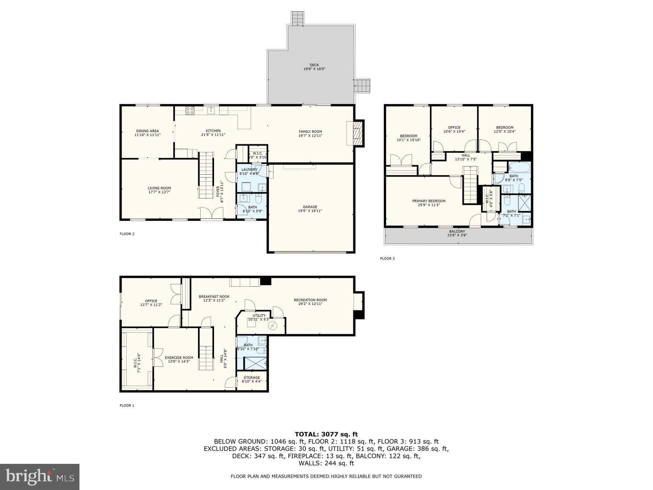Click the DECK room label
tap(314, 65)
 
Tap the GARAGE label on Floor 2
tap(310, 207)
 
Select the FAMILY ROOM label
tap(310, 132)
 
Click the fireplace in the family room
tap(358, 133)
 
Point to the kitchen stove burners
tap(190, 111)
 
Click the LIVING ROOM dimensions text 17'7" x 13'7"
tap(159, 192)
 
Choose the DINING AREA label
tap(147, 131)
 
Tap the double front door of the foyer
tap(212, 213)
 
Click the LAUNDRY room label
tap(249, 170)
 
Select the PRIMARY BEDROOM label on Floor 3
tap(428, 201)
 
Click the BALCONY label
tap(457, 232)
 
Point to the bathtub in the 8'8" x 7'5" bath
tap(519, 168)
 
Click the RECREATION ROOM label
tap(310, 300)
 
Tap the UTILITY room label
tap(259, 315)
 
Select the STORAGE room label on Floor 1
tap(251, 377)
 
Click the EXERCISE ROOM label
tap(177, 358)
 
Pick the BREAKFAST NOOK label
tap(214, 297)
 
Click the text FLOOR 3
tap(387, 258)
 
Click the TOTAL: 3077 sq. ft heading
tap(326, 434)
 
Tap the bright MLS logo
tap(40, 477)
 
